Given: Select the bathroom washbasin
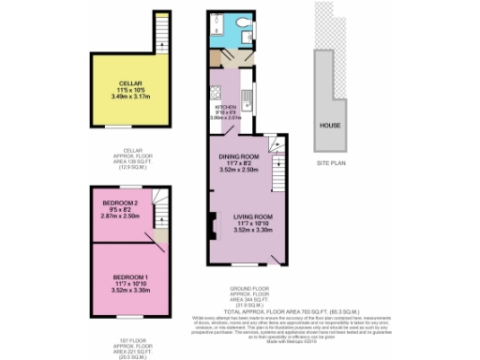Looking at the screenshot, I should pyautogui.click(x=247, y=39).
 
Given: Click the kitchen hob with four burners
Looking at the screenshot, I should pyautogui.click(x=215, y=94).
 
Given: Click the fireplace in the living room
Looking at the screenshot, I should pyautogui.click(x=212, y=225).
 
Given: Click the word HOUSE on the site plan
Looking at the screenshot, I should pyautogui.click(x=330, y=126).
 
